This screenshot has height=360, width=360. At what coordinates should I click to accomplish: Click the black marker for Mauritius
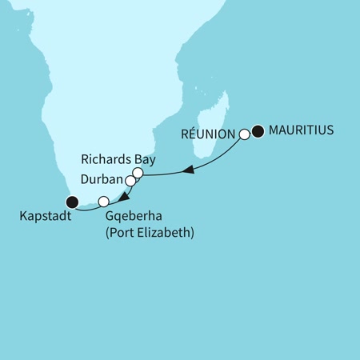pos(258,131)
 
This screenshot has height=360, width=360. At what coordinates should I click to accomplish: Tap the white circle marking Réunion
pos(245,135)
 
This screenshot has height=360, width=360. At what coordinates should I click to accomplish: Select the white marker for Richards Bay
pos(138,173)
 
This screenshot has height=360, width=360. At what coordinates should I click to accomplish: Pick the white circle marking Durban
pos(130,182)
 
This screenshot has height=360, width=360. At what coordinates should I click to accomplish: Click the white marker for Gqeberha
pos(102,201)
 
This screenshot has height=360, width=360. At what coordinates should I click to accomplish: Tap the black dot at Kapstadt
pos(71,202)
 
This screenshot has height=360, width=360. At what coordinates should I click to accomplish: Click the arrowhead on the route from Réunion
pos(189,170)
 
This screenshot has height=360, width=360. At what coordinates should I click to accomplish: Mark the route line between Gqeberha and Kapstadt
pos(86,207)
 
